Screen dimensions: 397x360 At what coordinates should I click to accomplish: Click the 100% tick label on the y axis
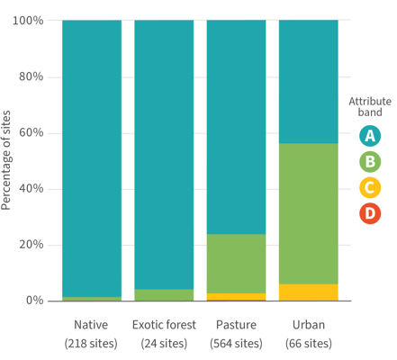[28, 21]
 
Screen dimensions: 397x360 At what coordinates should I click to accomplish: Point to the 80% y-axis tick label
[31, 76]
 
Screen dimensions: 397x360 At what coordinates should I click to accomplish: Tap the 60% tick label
[31, 132]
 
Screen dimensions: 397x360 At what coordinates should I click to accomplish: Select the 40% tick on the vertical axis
[31, 189]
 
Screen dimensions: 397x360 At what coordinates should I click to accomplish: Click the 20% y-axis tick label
[31, 245]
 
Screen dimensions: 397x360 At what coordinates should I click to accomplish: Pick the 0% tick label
[34, 301]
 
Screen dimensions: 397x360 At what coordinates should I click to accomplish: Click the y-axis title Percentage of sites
[5, 160]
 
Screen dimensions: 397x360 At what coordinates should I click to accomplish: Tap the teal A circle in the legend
[370, 136]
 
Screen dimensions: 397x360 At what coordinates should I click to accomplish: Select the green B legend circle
[370, 162]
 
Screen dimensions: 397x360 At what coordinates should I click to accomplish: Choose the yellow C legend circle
[370, 188]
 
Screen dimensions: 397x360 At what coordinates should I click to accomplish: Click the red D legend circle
[370, 213]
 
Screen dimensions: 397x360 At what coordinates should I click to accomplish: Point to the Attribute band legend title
[370, 107]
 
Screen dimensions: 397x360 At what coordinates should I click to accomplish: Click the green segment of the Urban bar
[309, 213]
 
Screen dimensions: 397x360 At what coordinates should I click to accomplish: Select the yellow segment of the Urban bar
[309, 292]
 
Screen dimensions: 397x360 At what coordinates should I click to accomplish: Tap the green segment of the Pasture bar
[236, 264]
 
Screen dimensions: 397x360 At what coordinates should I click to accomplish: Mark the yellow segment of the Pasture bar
[236, 296]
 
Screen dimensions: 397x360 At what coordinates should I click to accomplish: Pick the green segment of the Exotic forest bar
[164, 295]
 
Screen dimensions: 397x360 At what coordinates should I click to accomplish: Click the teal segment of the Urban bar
[309, 82]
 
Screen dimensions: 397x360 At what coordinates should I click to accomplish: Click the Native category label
[91, 325]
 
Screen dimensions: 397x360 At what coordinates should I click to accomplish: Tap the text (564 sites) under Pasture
[236, 344]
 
